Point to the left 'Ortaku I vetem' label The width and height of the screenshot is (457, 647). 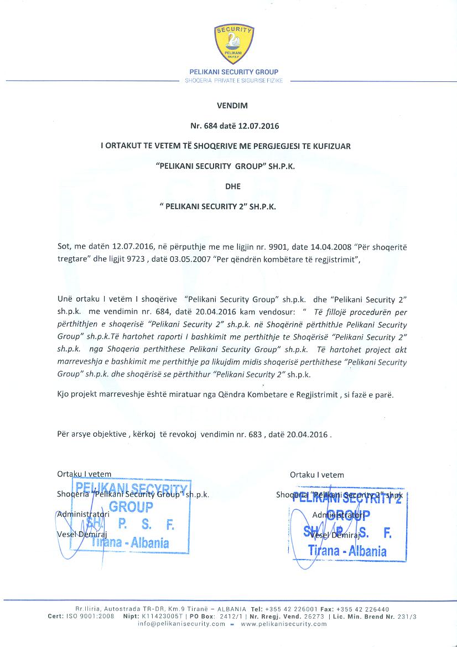point(84,474)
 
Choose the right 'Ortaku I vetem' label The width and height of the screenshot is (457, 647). point(316,474)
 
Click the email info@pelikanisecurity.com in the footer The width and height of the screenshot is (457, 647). point(181,624)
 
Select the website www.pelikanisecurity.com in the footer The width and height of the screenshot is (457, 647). point(284,624)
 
